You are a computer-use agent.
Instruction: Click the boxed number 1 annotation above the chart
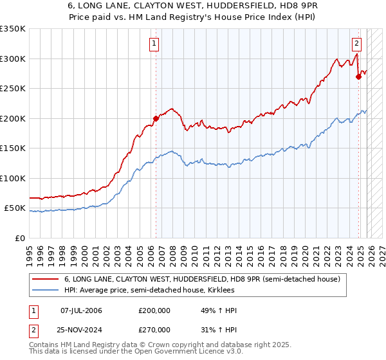click(155, 44)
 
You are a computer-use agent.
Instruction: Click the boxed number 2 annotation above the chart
click(356, 44)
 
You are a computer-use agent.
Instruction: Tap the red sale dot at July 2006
click(156, 118)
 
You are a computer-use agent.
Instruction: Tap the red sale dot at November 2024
click(358, 76)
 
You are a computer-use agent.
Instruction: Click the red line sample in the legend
click(46, 279)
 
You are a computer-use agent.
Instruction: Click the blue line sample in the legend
click(46, 290)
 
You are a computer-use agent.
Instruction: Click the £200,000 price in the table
click(154, 310)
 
